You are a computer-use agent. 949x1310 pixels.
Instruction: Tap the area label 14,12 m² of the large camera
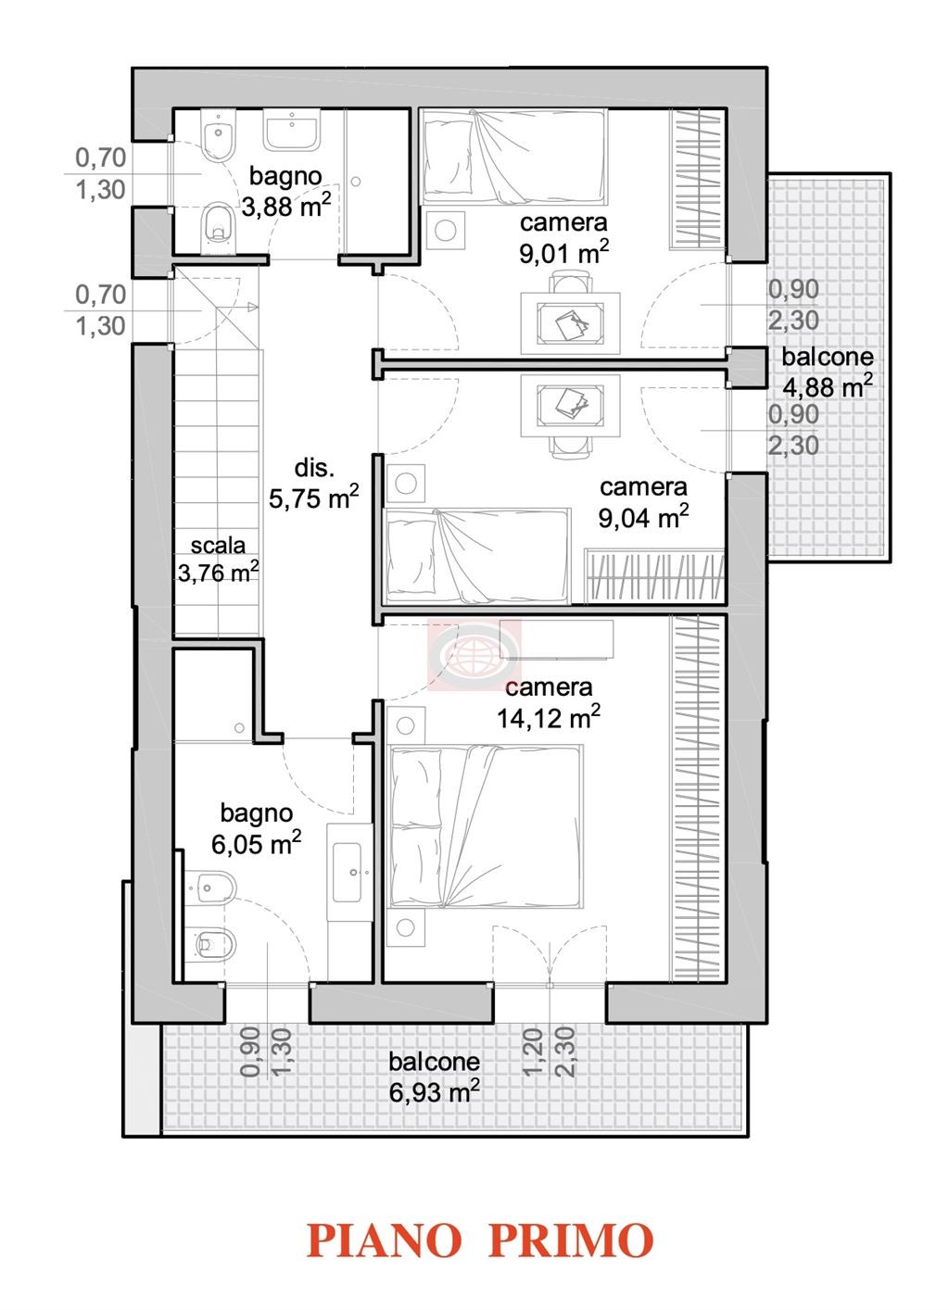549,717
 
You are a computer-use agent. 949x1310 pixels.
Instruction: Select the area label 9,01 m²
564,253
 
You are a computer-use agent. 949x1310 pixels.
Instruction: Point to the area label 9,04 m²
643,516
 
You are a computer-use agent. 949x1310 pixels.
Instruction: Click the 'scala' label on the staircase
218,545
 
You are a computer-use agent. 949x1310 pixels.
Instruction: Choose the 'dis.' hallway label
314,468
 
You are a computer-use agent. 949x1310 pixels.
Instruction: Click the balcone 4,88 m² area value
828,386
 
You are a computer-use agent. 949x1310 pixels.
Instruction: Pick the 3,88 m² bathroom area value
286,206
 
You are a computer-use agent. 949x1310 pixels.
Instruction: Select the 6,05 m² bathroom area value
257,843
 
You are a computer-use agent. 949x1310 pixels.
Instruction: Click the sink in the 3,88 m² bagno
291,130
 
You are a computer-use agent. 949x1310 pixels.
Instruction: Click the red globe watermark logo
474,654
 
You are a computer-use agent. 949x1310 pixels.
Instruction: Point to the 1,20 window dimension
533,1052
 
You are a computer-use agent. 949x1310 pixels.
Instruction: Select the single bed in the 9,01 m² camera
514,157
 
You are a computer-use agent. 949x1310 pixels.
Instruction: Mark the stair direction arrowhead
253,307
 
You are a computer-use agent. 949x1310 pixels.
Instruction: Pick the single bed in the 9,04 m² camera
477,556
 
